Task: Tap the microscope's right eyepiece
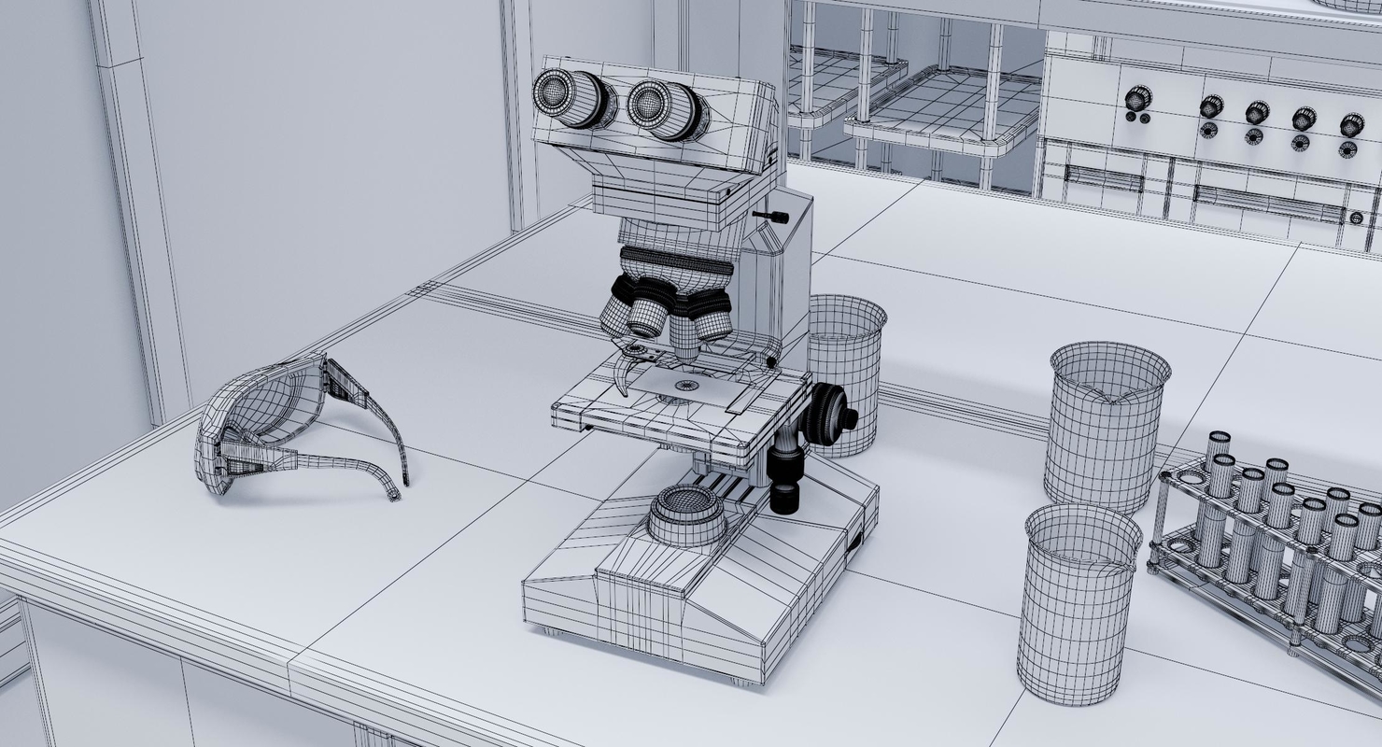point(661,108)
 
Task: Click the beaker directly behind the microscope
point(846,373)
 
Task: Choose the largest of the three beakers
point(1107,425)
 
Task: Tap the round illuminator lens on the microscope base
point(688,514)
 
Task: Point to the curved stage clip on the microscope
point(624,373)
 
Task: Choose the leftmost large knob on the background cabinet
point(1138,97)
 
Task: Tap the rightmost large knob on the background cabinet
point(1351,124)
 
